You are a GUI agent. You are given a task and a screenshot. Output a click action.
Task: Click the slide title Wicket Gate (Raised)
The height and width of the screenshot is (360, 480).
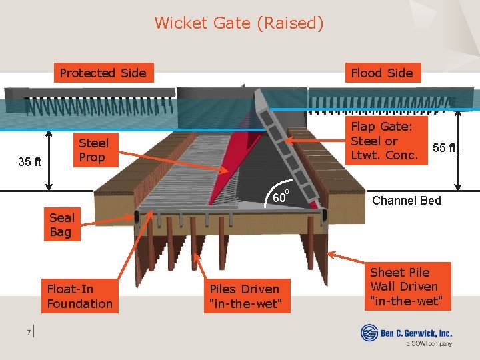click(x=239, y=23)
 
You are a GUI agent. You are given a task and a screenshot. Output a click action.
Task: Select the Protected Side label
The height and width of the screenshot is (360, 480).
click(x=103, y=73)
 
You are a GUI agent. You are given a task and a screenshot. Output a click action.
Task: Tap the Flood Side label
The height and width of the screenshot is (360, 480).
click(x=382, y=73)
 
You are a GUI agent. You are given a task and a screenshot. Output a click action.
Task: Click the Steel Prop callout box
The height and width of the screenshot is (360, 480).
click(x=93, y=150)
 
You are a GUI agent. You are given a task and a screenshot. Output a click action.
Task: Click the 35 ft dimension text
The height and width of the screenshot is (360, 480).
click(x=29, y=162)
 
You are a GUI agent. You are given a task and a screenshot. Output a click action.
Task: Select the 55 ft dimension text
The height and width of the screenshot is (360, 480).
click(x=444, y=147)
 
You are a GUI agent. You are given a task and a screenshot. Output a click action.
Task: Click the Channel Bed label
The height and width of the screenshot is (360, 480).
click(x=406, y=201)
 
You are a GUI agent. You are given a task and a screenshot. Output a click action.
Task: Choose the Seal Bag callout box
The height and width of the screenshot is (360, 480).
click(x=62, y=225)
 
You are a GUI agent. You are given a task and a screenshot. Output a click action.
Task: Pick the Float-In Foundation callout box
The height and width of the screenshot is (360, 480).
click(x=79, y=297)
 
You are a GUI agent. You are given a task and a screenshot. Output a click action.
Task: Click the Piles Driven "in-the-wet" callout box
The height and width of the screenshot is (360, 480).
click(x=245, y=297)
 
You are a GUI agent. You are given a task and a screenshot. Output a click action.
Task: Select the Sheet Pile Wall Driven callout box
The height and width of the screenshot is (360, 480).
click(x=404, y=287)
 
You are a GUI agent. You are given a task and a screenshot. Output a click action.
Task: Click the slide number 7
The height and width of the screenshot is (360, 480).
click(x=29, y=331)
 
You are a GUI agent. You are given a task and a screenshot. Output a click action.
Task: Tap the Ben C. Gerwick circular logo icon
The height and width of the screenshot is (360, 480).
click(x=369, y=332)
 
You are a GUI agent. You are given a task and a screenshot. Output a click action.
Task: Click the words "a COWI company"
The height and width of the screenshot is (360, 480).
click(x=429, y=343)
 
